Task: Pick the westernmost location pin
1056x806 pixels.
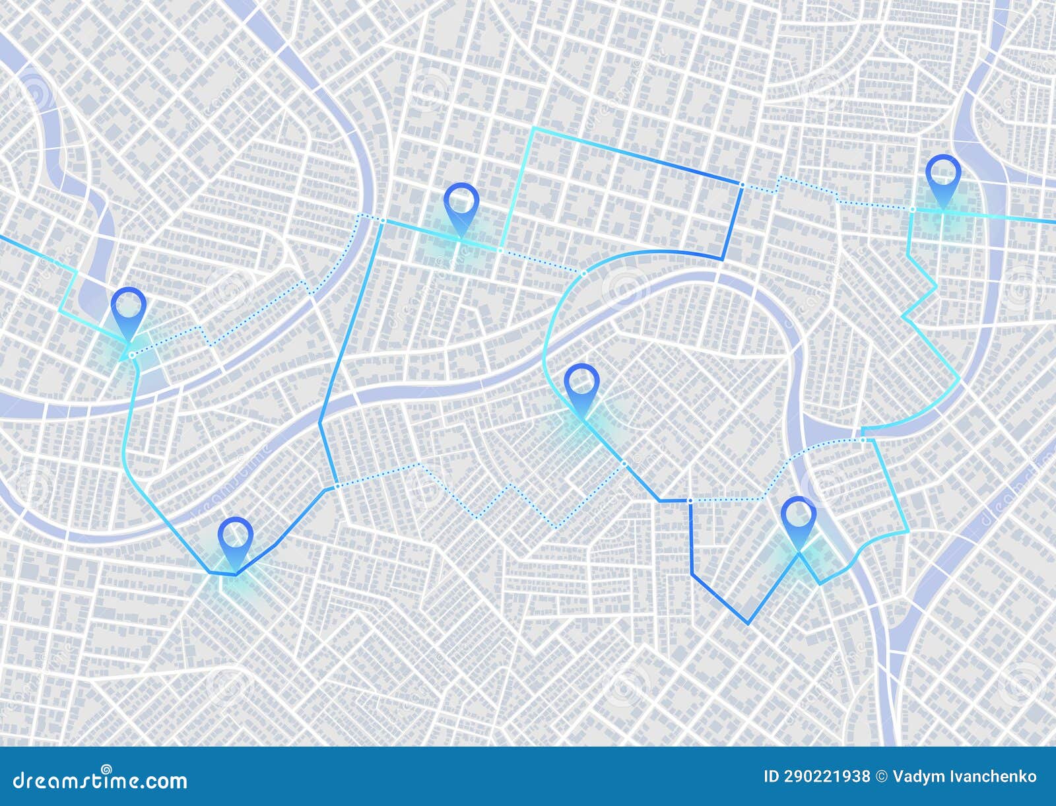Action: pyautogui.click(x=128, y=307)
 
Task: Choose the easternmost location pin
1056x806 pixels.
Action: pyautogui.click(x=942, y=173)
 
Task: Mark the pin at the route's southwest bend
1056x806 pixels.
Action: pyautogui.click(x=236, y=535)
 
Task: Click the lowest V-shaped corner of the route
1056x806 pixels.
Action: pyautogui.click(x=748, y=622)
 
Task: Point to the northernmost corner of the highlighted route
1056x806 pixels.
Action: pyautogui.click(x=533, y=129)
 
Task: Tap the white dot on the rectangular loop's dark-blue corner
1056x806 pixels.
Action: pyautogui.click(x=742, y=185)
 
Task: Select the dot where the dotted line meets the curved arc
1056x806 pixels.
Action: pyautogui.click(x=584, y=272)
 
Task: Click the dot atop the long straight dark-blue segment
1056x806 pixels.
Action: pyautogui.click(x=382, y=220)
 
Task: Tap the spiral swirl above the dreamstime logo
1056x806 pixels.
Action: pyautogui.click(x=106, y=768)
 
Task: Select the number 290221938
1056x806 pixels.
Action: pyautogui.click(x=828, y=776)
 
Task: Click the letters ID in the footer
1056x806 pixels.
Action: pyautogui.click(x=772, y=776)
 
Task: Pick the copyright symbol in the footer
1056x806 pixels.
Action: pyautogui.click(x=881, y=776)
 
